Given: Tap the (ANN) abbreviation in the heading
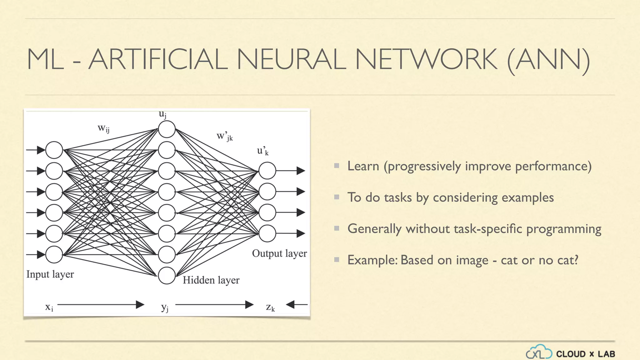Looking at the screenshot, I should click(548, 60).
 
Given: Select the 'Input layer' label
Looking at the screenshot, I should click(50, 274).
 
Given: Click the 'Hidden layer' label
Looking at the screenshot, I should click(211, 280).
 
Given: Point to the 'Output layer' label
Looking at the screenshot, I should click(279, 253).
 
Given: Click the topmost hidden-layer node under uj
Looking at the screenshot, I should click(167, 129).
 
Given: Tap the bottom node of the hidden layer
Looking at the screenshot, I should click(167, 275).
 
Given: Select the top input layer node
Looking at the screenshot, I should click(54, 150).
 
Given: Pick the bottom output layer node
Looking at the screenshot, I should click(267, 233).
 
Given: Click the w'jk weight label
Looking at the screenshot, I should click(225, 136).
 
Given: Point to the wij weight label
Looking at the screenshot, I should click(103, 128).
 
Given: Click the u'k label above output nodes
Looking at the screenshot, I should click(262, 151).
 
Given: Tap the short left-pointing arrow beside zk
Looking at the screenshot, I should click(296, 304).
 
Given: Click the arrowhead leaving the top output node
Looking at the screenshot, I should click(301, 171).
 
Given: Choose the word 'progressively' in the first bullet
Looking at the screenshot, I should click(424, 166).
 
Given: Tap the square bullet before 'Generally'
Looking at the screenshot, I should click(337, 228).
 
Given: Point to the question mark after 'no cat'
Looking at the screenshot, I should click(575, 260).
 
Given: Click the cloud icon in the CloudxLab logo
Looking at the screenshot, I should click(539, 352).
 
